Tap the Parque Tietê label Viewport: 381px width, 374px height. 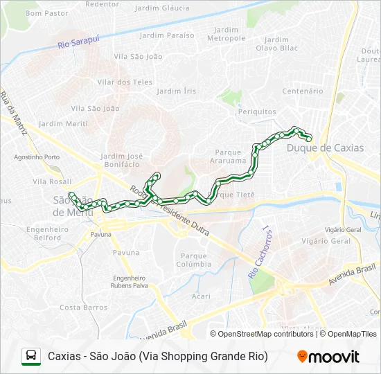tap(236, 195)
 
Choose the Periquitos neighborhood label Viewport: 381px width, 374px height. tap(257, 112)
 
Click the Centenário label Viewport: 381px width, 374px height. tap(303, 91)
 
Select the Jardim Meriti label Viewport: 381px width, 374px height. tap(63, 123)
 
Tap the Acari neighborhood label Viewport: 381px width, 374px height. tap(201, 296)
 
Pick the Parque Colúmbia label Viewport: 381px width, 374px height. tap(193, 260)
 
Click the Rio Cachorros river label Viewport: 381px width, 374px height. tap(258, 251)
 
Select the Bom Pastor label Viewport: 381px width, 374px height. tap(46, 12)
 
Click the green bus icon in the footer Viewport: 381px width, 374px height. tap(31, 356)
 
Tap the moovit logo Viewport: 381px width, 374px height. tap(328, 357)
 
